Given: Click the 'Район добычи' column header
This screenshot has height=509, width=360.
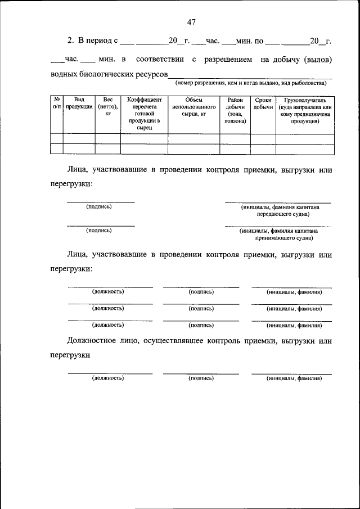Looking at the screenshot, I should tap(235, 110).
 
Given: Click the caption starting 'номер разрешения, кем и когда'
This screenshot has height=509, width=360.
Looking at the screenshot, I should tap(251, 83).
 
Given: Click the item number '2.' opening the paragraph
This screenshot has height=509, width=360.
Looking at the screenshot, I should tap(71, 40).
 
